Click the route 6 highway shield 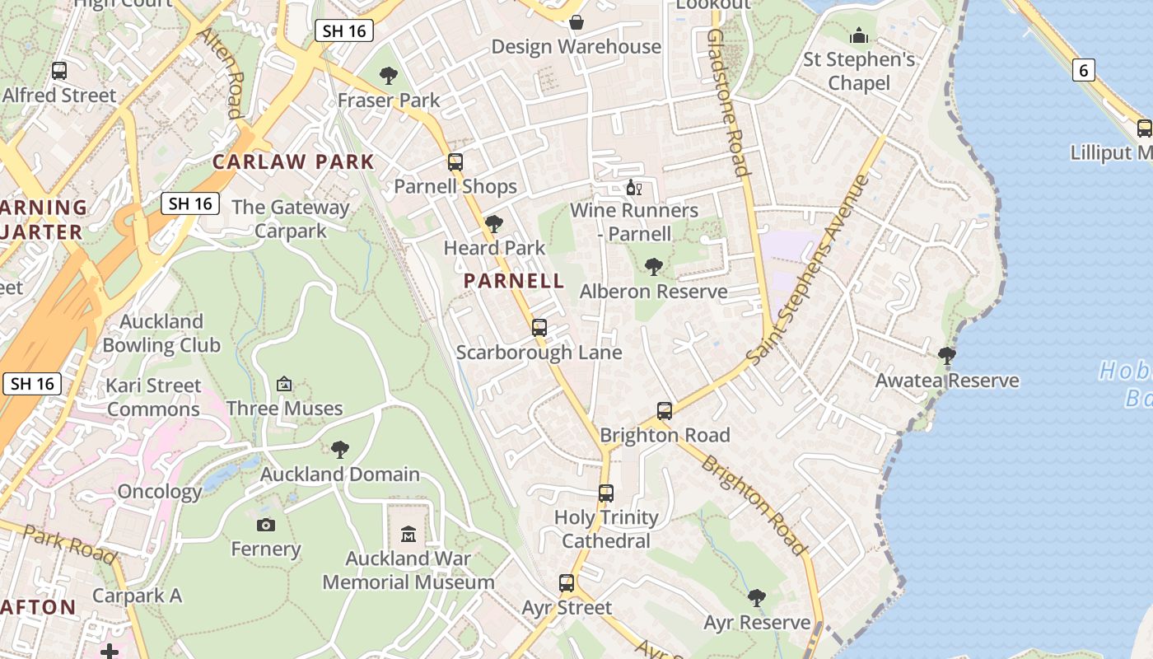pyautogui.click(x=1084, y=71)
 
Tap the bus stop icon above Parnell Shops pyautogui.click(x=455, y=162)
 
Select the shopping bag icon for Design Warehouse pyautogui.click(x=576, y=21)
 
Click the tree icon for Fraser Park pyautogui.click(x=389, y=77)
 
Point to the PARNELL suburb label pyautogui.click(x=514, y=281)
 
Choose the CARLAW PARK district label pyautogui.click(x=293, y=161)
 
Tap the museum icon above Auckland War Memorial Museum pyautogui.click(x=408, y=535)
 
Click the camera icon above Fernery pyautogui.click(x=265, y=525)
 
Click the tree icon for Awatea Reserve pyautogui.click(x=947, y=356)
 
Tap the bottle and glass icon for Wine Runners pyautogui.click(x=633, y=188)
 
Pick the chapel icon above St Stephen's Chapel pyautogui.click(x=859, y=36)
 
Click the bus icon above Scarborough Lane pyautogui.click(x=539, y=328)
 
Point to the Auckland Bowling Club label pyautogui.click(x=161, y=333)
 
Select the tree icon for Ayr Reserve pyautogui.click(x=757, y=598)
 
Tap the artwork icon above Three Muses pyautogui.click(x=284, y=384)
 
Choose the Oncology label pyautogui.click(x=160, y=492)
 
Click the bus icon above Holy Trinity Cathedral pyautogui.click(x=606, y=493)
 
